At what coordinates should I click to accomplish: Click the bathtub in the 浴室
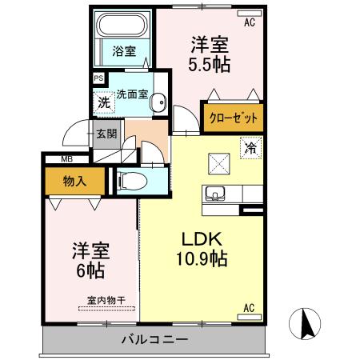[x=122, y=25]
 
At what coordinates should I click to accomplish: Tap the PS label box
[x=98, y=78]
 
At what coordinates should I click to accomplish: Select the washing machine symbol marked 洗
[x=104, y=102]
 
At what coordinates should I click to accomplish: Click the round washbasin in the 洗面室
[x=159, y=102]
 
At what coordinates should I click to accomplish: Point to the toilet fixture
[x=132, y=181]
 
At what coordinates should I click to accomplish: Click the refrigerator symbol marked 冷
[x=251, y=148]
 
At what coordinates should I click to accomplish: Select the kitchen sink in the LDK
[x=215, y=193]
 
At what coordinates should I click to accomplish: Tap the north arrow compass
[x=305, y=324]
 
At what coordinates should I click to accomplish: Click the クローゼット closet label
[x=234, y=118]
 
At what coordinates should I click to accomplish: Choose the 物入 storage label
[x=74, y=182]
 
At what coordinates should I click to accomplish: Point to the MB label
[x=67, y=159]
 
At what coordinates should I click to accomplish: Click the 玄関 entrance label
[x=106, y=134]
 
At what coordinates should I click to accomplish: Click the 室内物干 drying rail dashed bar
[x=106, y=309]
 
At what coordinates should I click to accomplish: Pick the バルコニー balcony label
[x=155, y=340]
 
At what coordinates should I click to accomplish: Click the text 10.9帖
[x=202, y=258]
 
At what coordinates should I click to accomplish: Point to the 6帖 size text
[x=90, y=270]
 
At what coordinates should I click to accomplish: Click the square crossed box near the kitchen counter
[x=219, y=164]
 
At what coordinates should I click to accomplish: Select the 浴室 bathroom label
[x=124, y=51]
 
